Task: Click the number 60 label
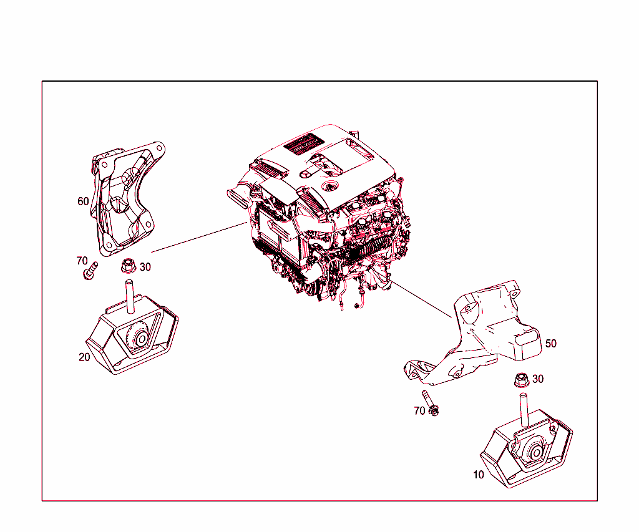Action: (x=83, y=201)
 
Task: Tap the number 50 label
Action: (x=550, y=344)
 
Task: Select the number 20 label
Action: (x=84, y=357)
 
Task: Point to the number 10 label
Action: (x=478, y=475)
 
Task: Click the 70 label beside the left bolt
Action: (x=82, y=261)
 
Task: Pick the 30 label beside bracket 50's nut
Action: (x=537, y=379)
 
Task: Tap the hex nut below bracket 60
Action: (x=128, y=267)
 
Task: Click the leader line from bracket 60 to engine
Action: (x=197, y=237)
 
